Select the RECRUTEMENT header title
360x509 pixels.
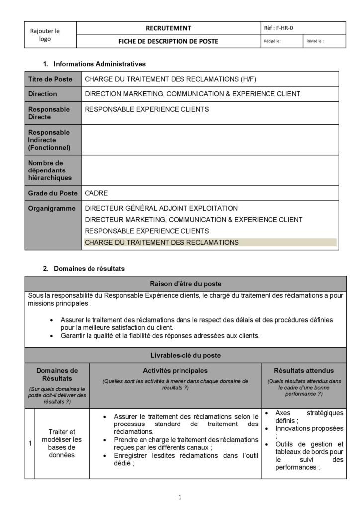tap(168, 28)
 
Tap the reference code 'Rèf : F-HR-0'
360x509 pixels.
tap(281, 28)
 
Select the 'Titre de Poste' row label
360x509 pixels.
tap(50, 79)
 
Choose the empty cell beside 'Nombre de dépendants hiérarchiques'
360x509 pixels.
tap(210, 170)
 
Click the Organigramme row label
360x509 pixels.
tap(52, 208)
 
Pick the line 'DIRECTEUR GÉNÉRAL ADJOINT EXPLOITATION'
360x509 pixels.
tap(161, 208)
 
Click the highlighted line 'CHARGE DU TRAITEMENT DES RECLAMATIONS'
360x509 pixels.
tap(162, 243)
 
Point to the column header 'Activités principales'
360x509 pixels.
tap(175, 370)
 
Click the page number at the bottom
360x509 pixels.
tap(180, 497)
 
